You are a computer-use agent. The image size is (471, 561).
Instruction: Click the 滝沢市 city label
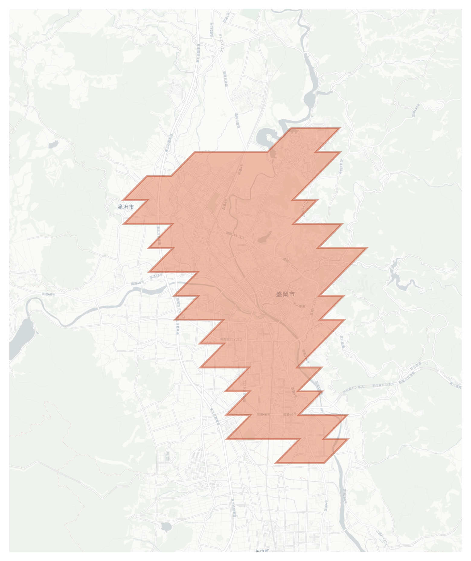pyautogui.click(x=126, y=207)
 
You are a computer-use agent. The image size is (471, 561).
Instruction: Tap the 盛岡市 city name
pyautogui.click(x=285, y=294)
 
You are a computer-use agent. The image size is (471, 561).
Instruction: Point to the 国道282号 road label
pyautogui.click(x=212, y=30)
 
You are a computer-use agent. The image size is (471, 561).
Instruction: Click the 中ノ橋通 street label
pyautogui.click(x=299, y=306)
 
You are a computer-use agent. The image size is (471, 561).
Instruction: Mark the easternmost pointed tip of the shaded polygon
pyautogui.click(x=367, y=248)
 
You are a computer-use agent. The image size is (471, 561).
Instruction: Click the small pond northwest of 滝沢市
pyautogui.click(x=53, y=145)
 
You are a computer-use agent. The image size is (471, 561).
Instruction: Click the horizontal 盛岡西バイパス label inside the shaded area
pyautogui.click(x=231, y=339)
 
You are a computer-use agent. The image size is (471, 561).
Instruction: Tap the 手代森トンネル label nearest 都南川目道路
pyautogui.click(x=383, y=384)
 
